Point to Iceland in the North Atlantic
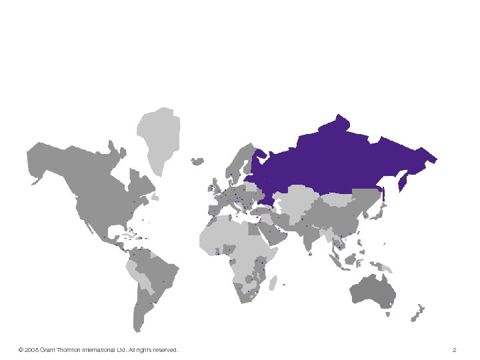[x=197, y=161]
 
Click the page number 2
[x=454, y=350]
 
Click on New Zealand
[x=418, y=313]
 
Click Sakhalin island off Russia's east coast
[x=402, y=179]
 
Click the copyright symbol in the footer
[x=21, y=350]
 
